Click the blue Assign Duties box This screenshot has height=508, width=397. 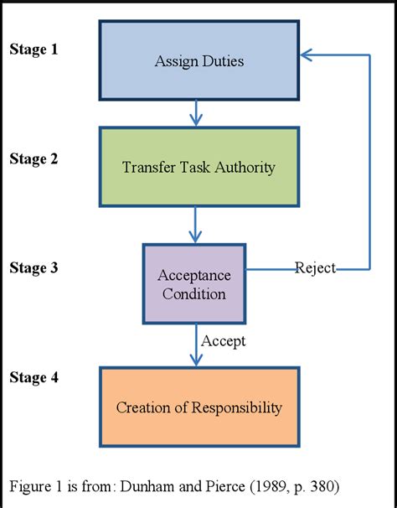(x=198, y=60)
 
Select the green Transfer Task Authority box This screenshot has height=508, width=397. (x=198, y=167)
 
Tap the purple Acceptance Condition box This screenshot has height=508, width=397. (x=193, y=284)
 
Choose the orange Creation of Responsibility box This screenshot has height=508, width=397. (x=198, y=408)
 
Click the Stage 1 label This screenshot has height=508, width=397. (x=34, y=49)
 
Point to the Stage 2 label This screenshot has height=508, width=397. (x=34, y=158)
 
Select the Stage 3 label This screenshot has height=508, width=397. (x=34, y=267)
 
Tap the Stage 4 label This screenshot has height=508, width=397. (x=34, y=377)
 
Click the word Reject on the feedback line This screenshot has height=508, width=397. (x=315, y=268)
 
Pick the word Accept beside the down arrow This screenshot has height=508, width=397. (x=224, y=341)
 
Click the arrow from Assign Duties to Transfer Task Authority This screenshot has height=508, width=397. (x=196, y=112)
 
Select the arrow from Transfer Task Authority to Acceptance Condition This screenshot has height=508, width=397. (x=196, y=225)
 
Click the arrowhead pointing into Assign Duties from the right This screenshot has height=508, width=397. (x=307, y=54)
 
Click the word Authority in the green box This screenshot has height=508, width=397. (x=245, y=167)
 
